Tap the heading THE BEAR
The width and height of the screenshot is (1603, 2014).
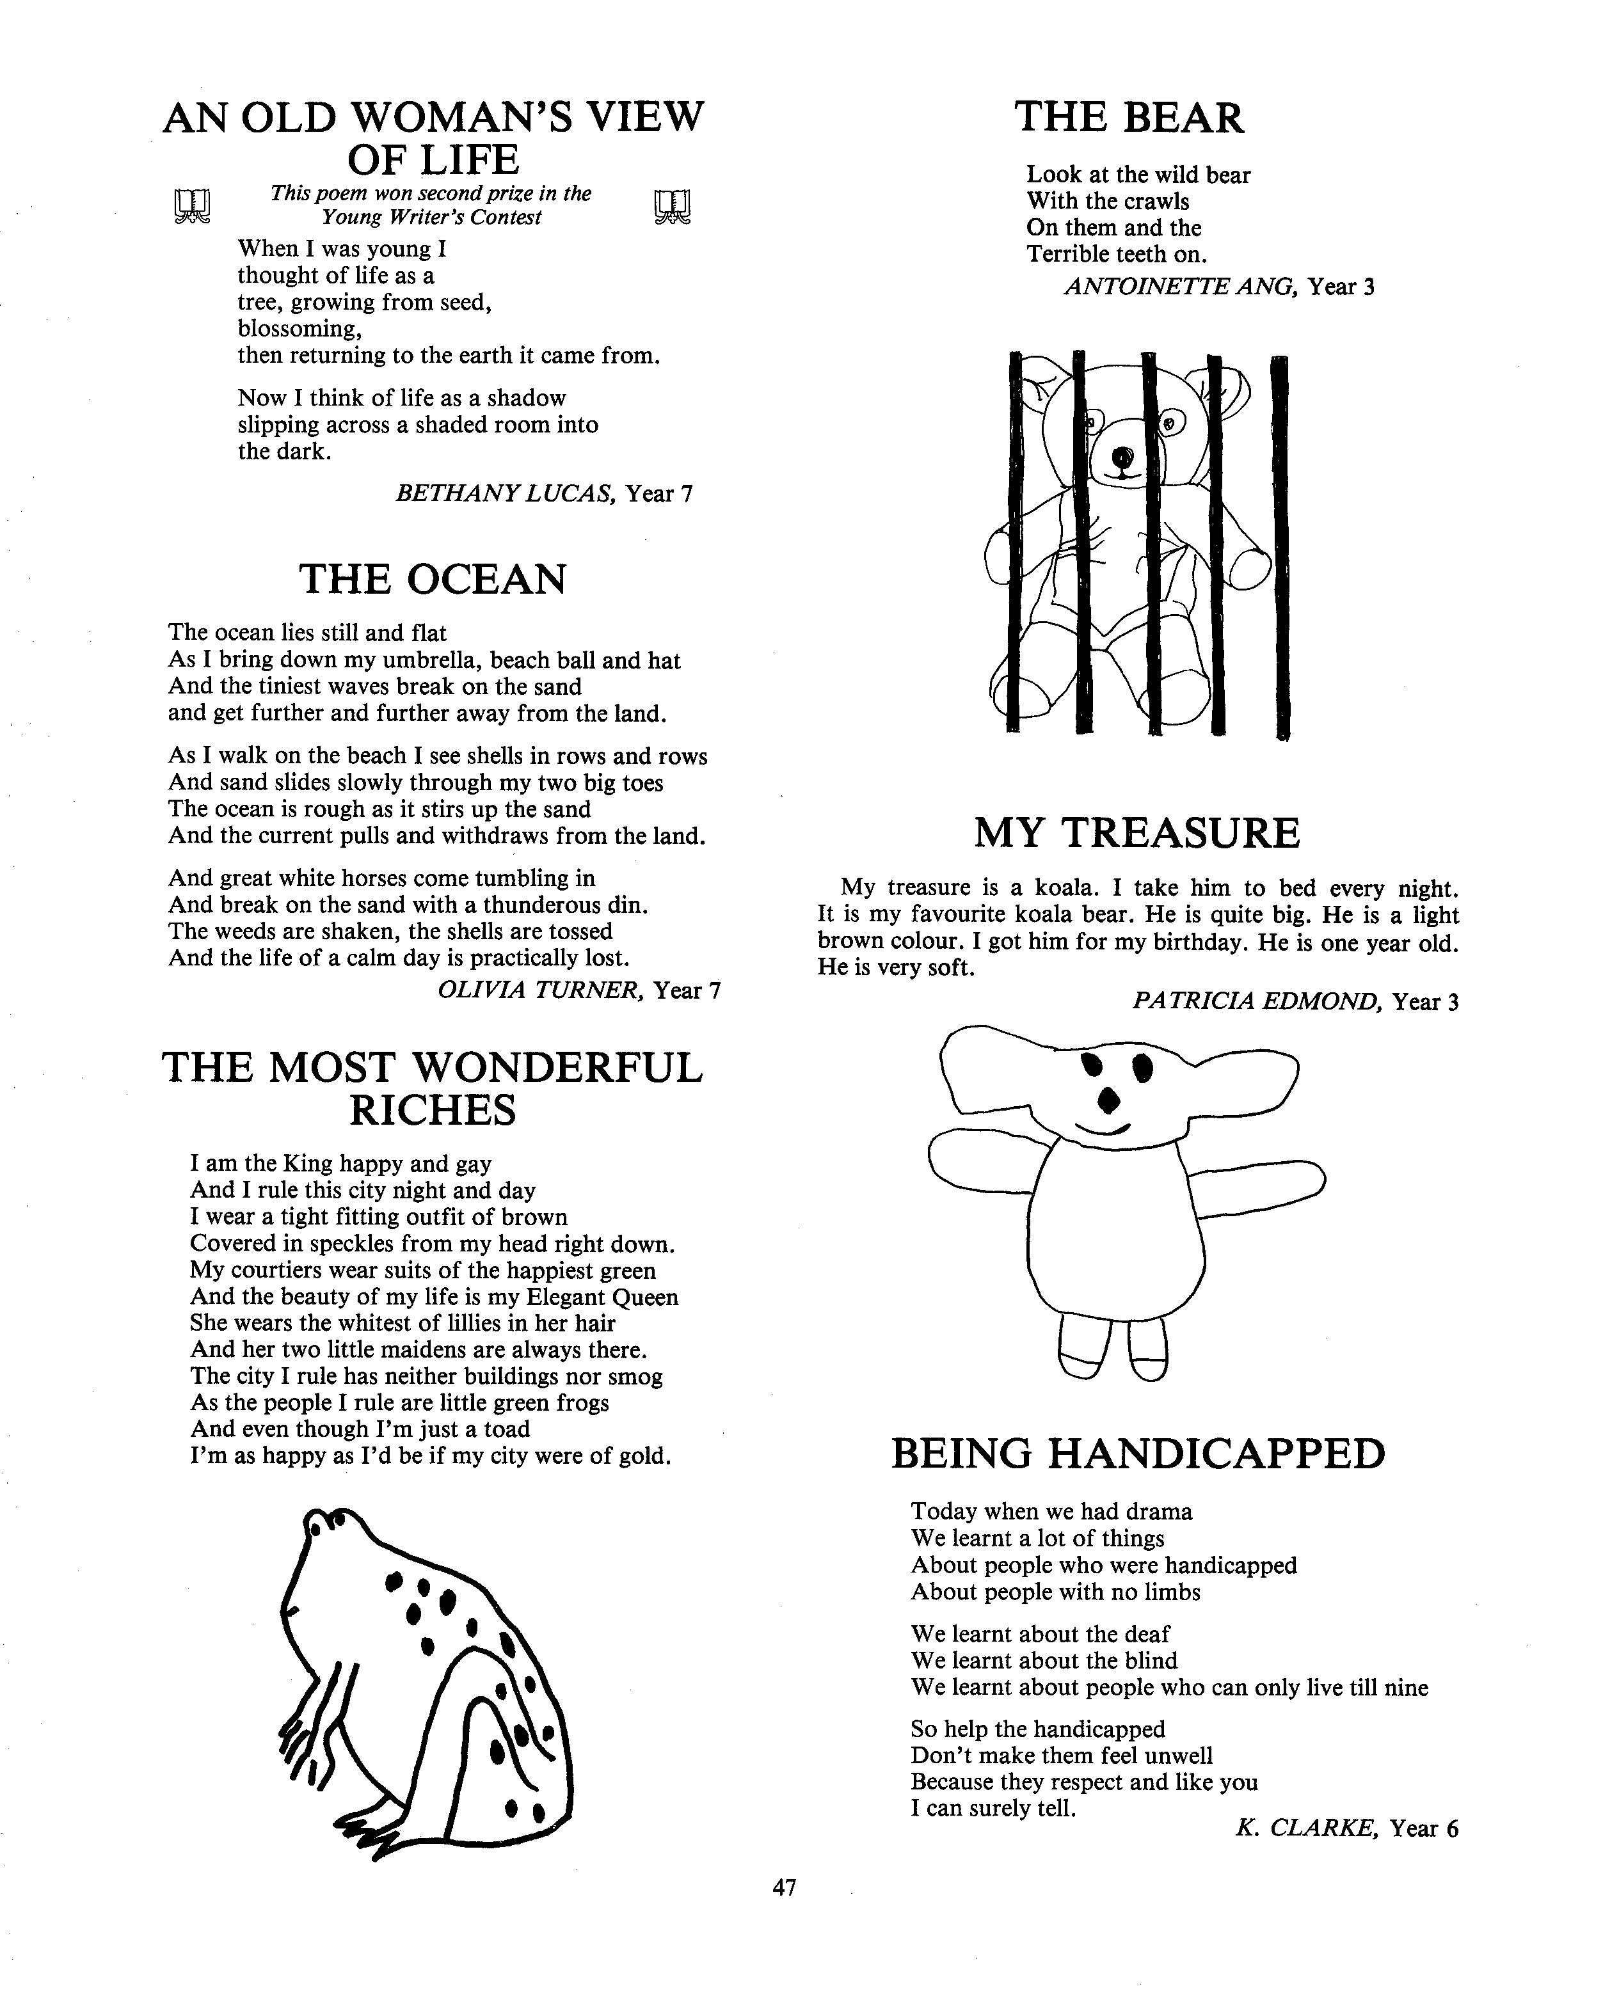point(1129,118)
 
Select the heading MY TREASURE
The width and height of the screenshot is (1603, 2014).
point(1137,833)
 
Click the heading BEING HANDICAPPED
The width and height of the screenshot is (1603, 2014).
point(1138,1454)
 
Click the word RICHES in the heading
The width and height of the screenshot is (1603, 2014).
point(433,1111)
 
